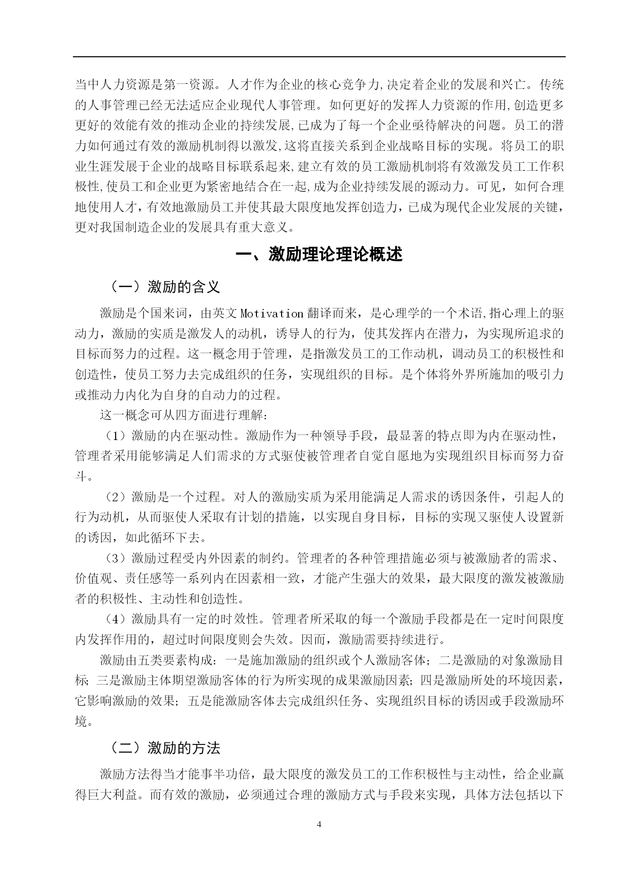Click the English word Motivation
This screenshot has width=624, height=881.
point(272,313)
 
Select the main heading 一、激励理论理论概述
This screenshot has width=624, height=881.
point(319,254)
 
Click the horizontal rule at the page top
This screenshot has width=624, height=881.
point(319,57)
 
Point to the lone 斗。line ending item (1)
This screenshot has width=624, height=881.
point(84,476)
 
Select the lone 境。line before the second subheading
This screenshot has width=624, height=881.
point(84,722)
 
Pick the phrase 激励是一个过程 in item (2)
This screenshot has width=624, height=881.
point(176,497)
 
